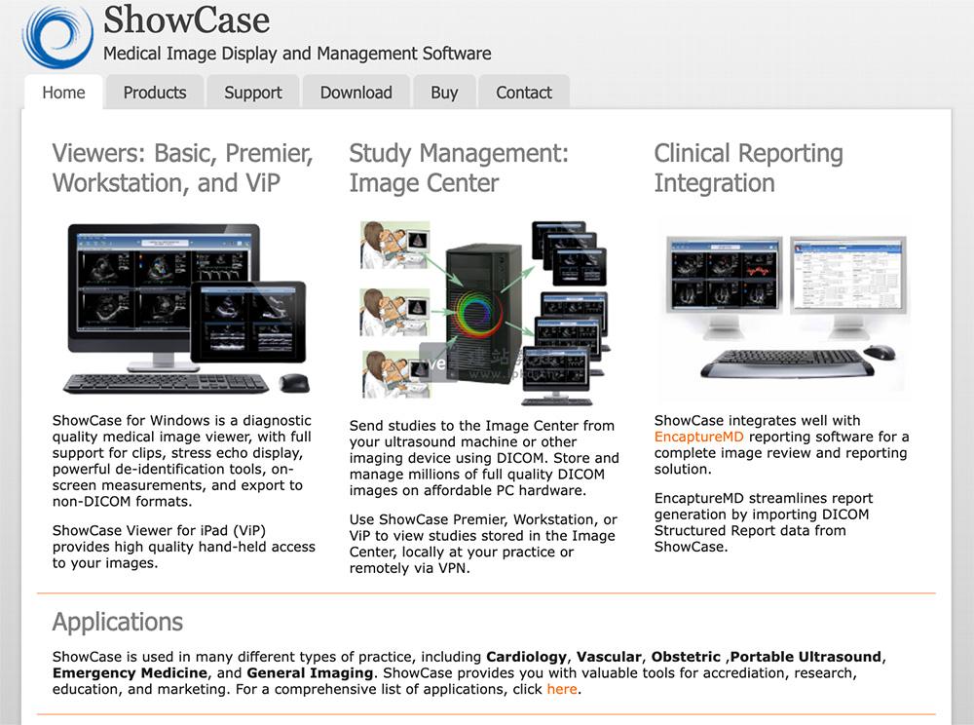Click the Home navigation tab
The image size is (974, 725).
63,93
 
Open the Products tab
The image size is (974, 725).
154,93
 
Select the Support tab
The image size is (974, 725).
252,93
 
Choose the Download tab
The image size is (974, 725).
356,93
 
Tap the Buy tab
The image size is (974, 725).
443,93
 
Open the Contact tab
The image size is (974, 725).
523,93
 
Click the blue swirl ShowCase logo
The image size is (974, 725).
57,37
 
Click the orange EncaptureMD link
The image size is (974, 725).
698,437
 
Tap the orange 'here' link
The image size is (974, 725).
561,689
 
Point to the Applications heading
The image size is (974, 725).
117,622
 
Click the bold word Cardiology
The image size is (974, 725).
526,657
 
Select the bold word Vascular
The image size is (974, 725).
608,657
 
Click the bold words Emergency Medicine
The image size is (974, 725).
130,673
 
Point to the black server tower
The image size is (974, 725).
483,312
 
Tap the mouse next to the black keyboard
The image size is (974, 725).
293,383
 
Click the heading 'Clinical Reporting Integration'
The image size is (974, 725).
748,168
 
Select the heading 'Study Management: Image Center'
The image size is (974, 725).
458,168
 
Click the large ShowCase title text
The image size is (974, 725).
186,19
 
